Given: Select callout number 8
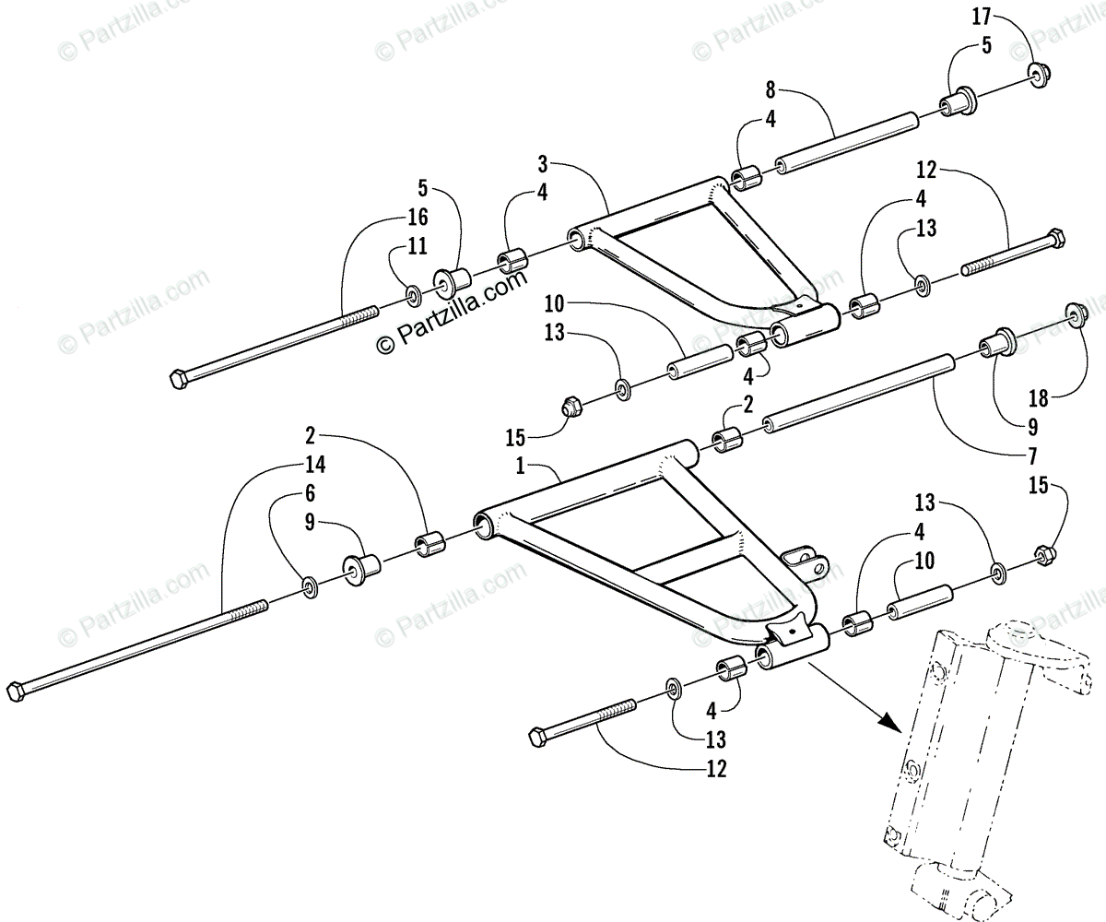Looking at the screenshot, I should click(771, 90).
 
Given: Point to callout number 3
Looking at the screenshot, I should click(569, 165).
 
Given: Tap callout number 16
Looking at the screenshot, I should click(418, 217).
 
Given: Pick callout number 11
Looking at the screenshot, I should click(418, 245).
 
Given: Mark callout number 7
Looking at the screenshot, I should click(1032, 455).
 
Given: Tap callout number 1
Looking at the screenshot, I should click(521, 467).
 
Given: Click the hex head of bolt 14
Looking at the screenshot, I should click(15, 691).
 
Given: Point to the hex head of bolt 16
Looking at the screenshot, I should click(179, 378).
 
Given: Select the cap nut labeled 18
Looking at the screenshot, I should click(1076, 316).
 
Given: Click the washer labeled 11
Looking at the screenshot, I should click(413, 296).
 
